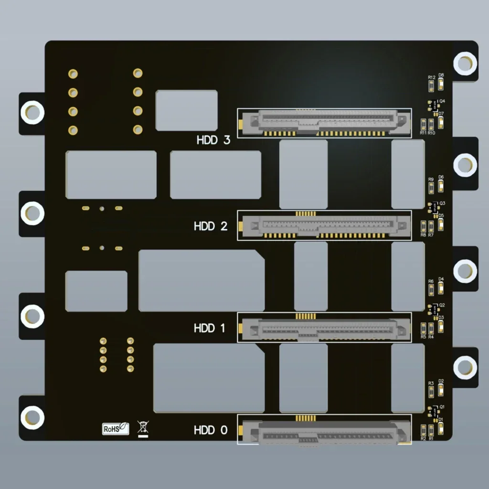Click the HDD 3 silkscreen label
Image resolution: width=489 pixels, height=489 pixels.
[213, 140]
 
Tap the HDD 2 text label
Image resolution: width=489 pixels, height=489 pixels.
[211, 226]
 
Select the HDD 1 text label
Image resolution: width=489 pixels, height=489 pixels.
[210, 328]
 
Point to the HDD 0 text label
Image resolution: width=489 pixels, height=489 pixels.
[211, 430]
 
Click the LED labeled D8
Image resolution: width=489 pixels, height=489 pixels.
[441, 85]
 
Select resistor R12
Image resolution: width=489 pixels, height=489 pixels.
[431, 85]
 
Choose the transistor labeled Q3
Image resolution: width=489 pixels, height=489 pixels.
[434, 208]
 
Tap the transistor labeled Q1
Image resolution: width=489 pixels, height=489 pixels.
[434, 411]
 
